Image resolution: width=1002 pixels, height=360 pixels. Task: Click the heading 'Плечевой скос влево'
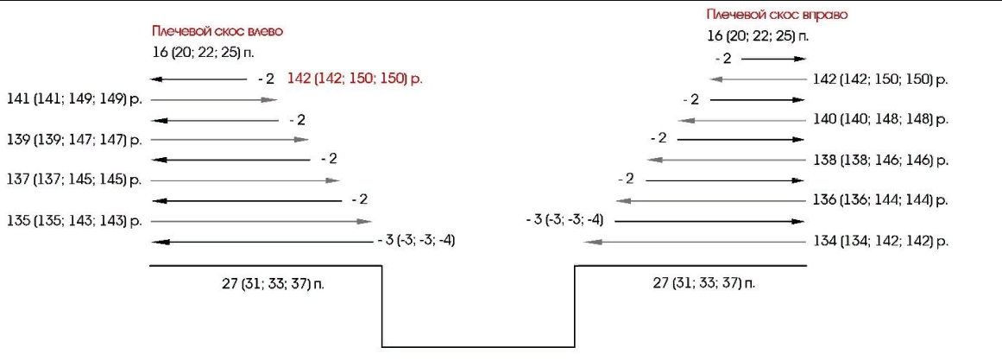pos(217,31)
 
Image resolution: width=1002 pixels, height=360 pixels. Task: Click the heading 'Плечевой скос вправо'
pos(777,14)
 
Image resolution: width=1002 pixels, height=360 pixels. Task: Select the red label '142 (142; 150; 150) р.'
pos(356,79)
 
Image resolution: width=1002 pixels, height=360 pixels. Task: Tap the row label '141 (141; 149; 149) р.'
pos(74,99)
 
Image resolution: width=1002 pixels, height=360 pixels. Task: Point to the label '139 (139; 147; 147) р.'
pos(74,139)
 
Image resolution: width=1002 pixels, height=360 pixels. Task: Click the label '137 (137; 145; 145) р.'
pos(74,180)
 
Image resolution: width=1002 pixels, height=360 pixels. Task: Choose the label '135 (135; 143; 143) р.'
pos(74,221)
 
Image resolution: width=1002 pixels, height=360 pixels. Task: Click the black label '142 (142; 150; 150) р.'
pos(880,80)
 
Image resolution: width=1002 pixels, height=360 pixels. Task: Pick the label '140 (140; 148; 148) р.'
pos(880,120)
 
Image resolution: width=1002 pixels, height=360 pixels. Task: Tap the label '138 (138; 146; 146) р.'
pos(880,161)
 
